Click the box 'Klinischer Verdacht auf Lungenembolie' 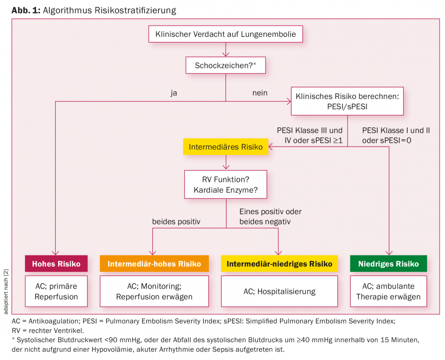226,34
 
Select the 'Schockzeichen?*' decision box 226,65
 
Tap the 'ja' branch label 174,93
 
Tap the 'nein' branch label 260,93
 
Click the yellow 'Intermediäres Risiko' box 225,147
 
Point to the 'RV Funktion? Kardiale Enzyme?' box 226,184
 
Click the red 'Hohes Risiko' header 56,264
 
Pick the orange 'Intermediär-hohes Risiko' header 154,264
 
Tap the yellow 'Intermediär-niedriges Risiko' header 279,264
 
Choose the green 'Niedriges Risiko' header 388,264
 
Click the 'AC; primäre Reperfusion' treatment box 56,291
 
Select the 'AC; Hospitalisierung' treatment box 279,291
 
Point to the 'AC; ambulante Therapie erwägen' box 388,291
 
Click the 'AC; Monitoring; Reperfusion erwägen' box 154,291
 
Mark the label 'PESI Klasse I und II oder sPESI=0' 396,135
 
